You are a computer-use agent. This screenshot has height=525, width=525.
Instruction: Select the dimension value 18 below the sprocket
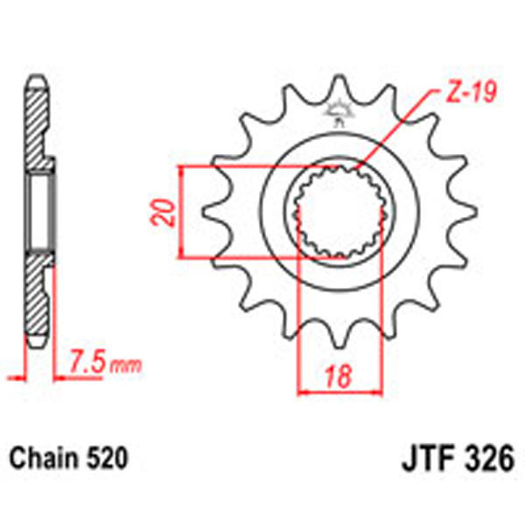340,379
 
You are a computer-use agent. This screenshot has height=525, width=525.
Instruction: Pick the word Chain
40,458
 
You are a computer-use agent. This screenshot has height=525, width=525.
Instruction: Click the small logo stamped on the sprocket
337,111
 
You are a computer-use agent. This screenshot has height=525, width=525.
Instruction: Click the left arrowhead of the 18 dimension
304,392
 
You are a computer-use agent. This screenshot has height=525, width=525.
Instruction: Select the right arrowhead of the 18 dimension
377,392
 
